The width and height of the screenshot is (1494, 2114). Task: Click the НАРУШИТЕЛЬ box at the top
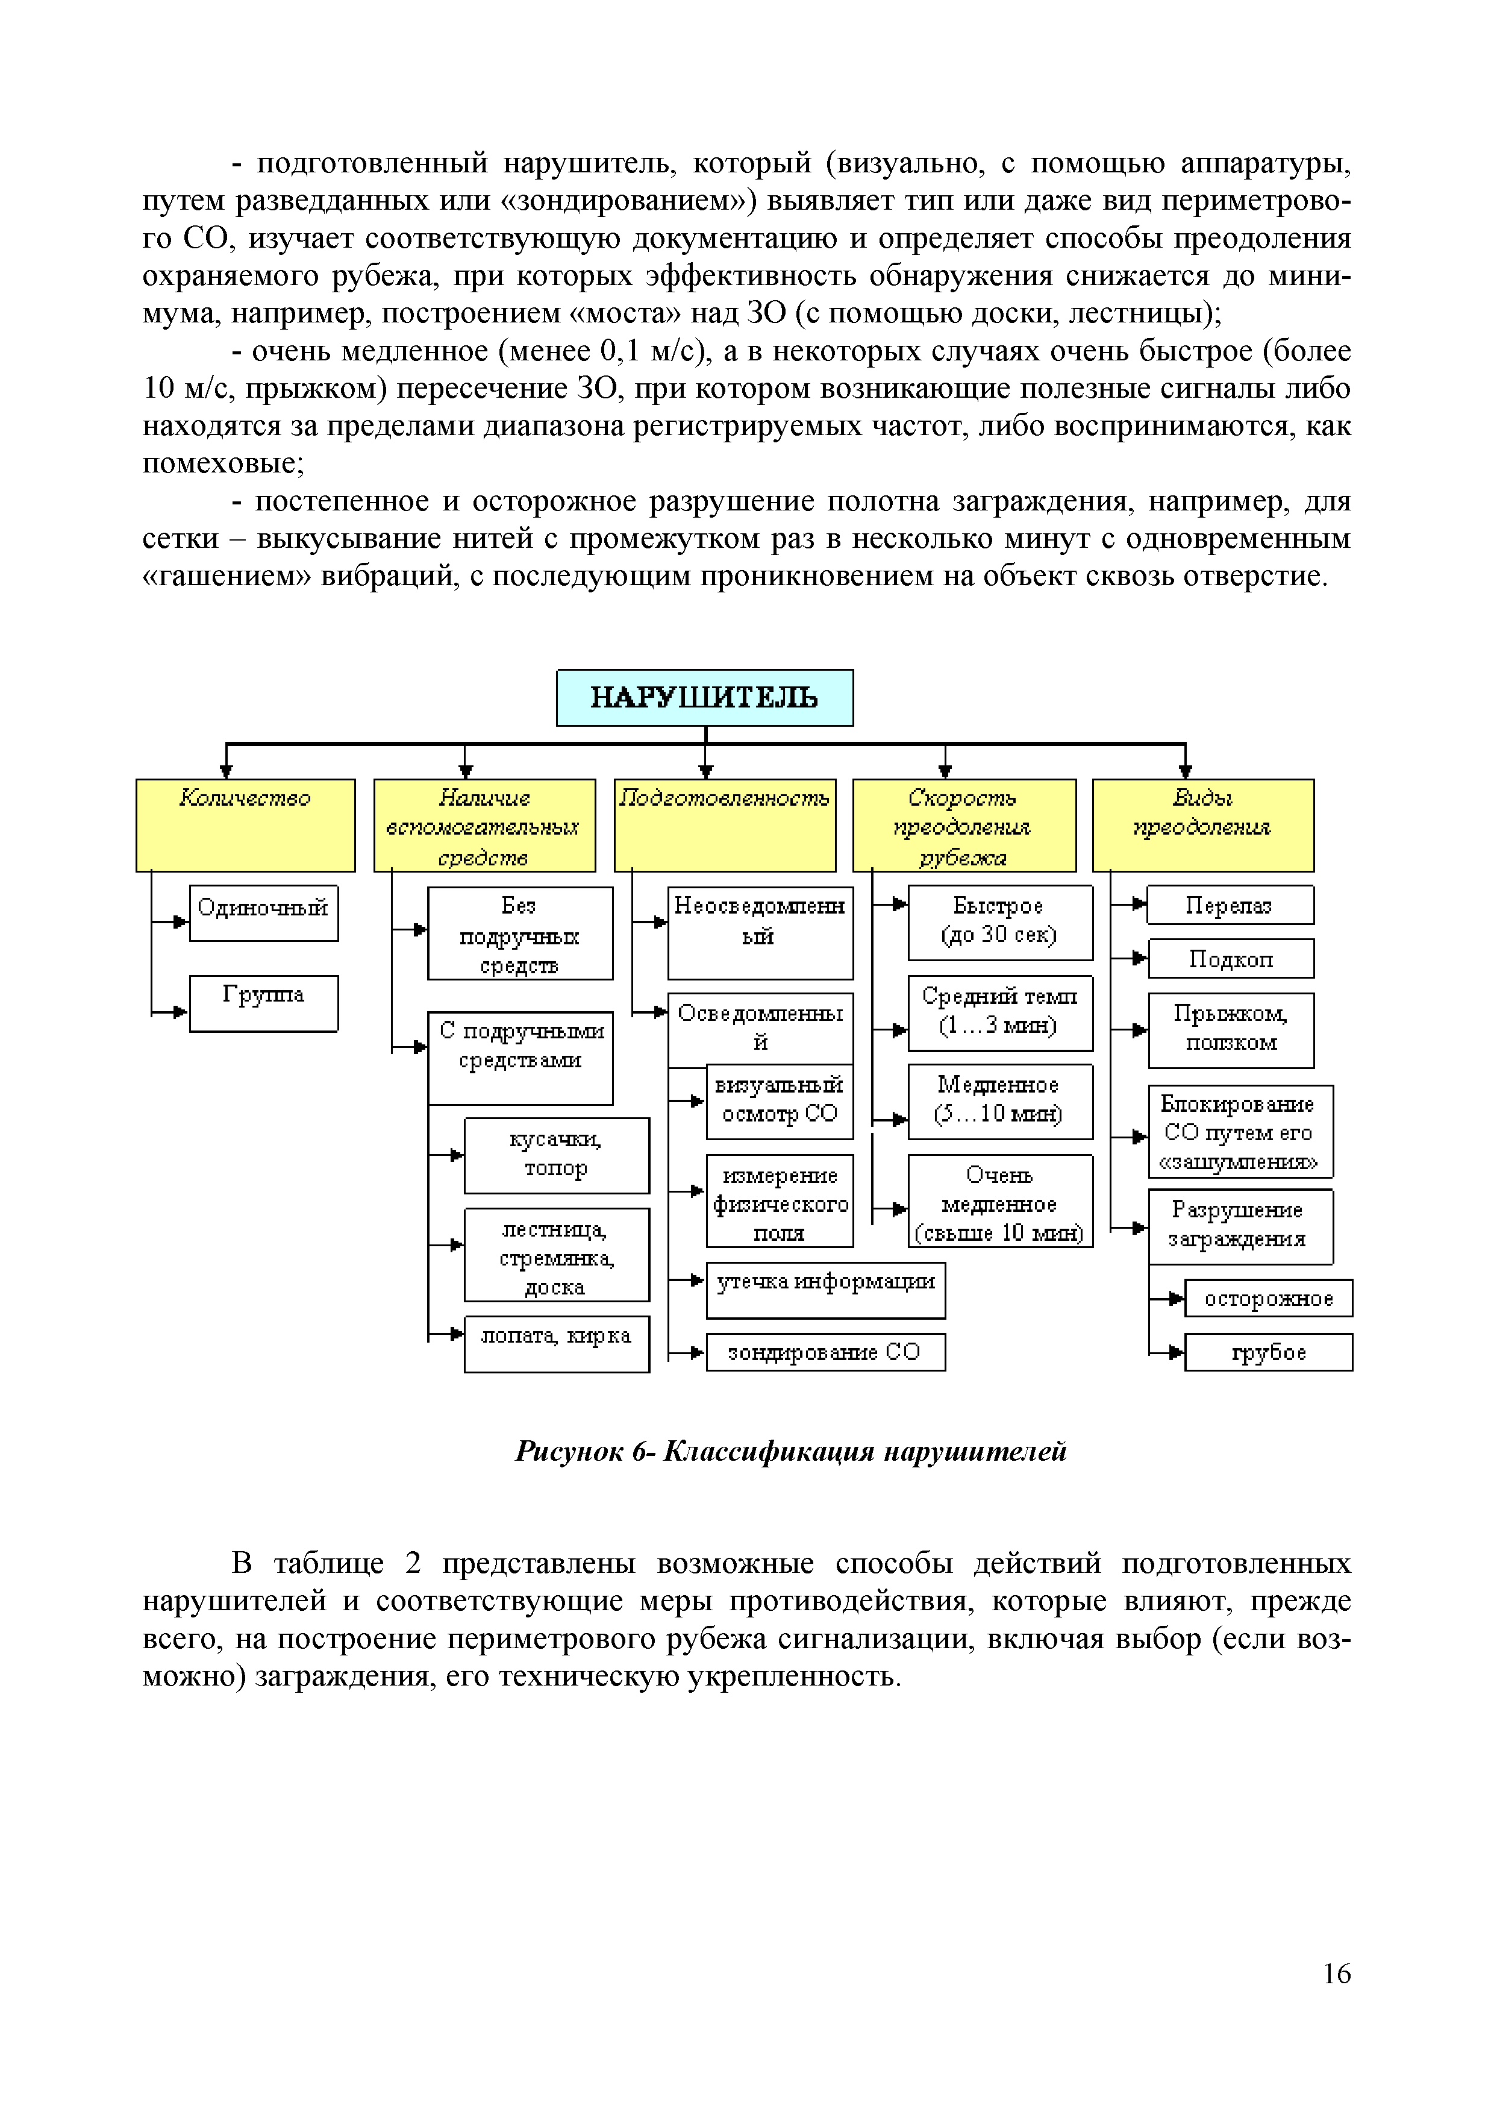pyautogui.click(x=704, y=697)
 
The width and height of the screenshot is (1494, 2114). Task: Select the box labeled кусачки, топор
pyautogui.click(x=556, y=1155)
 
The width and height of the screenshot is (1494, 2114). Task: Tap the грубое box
pyautogui.click(x=1269, y=1352)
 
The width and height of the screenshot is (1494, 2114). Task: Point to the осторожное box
pyautogui.click(x=1269, y=1298)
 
